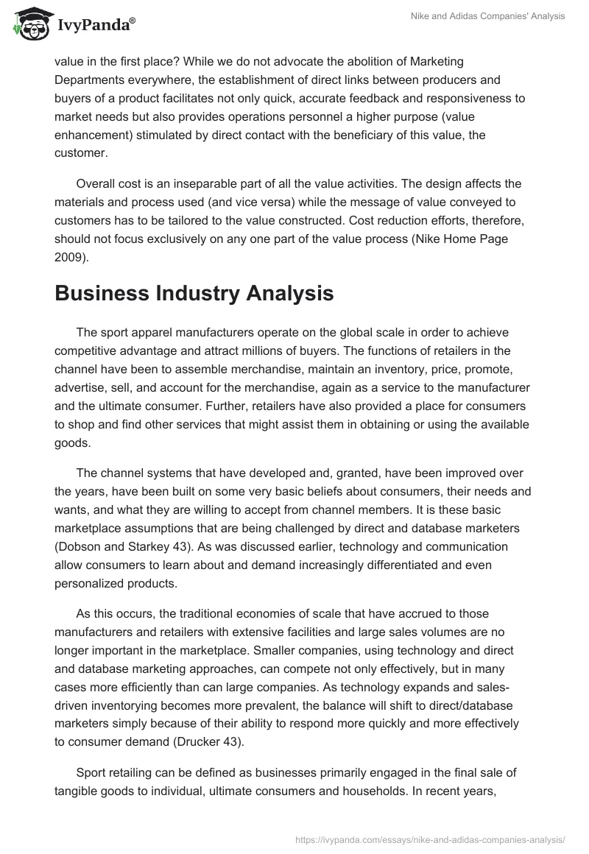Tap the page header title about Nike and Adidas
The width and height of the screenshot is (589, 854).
pyautogui.click(x=487, y=16)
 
